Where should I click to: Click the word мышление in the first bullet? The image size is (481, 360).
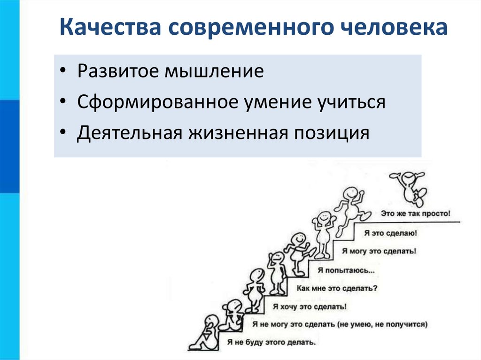(214, 71)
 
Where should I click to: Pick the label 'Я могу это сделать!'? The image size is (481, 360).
(379, 251)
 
